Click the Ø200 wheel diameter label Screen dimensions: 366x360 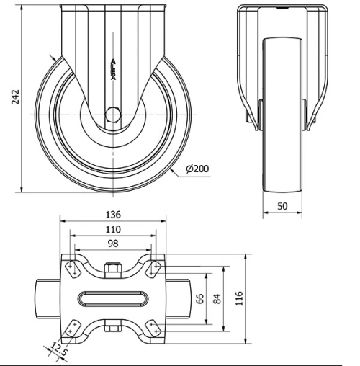coord(197,169)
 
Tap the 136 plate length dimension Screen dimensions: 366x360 coord(113,215)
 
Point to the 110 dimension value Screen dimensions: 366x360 coord(113,229)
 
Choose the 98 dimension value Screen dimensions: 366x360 coord(113,244)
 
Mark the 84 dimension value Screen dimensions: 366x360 coord(217,297)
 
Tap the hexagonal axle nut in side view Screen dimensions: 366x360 coord(113,114)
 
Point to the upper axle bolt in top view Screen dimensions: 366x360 coord(113,269)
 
